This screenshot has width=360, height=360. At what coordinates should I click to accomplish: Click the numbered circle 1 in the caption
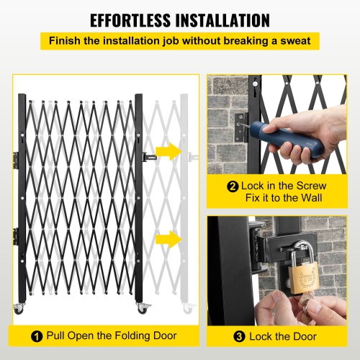(36, 336)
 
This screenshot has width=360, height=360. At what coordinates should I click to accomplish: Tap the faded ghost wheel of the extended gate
(189, 307)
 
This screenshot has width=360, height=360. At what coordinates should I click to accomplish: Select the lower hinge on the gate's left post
(16, 235)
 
